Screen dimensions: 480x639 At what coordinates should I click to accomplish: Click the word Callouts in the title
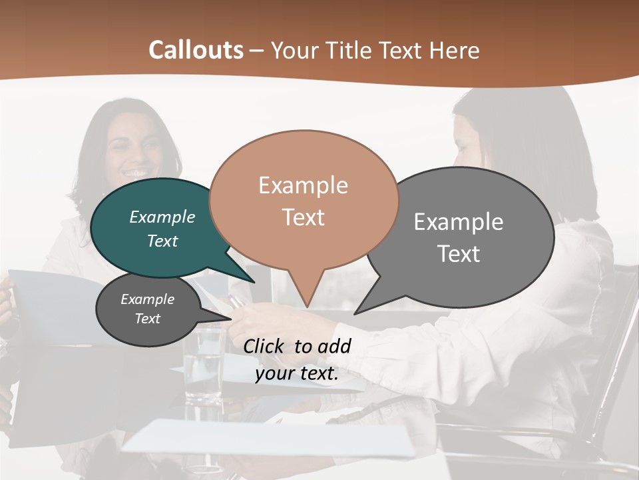[196, 50]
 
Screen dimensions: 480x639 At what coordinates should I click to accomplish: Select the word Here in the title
[455, 50]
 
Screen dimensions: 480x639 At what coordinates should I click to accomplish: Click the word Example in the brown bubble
[303, 185]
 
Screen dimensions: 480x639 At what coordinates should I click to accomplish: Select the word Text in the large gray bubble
[459, 254]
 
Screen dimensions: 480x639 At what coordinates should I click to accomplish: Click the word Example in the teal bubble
[162, 217]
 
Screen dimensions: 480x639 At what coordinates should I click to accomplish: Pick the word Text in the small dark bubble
[147, 319]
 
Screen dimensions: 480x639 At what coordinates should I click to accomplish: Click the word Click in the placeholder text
[264, 346]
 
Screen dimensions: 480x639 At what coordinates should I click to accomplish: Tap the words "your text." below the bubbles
[296, 374]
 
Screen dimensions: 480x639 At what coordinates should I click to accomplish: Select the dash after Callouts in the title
[257, 51]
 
